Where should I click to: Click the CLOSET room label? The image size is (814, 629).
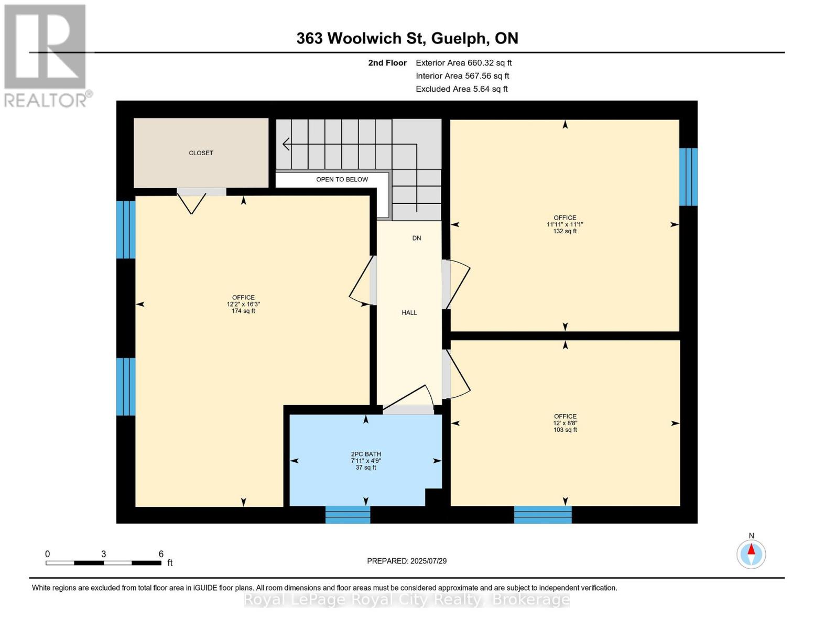tap(201, 153)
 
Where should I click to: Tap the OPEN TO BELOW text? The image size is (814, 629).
tap(342, 179)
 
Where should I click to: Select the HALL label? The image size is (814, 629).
tap(409, 312)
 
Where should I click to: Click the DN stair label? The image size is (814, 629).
tap(417, 238)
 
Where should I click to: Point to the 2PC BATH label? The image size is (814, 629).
tap(366, 454)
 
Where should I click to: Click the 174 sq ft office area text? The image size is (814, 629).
tap(243, 311)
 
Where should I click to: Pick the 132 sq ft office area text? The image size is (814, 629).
tap(565, 231)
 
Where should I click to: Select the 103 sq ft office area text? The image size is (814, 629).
tap(565, 430)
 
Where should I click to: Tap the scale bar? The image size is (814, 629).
tap(103, 563)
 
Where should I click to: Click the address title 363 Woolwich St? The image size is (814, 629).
tap(407, 38)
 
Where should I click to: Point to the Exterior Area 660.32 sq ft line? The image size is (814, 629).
tap(463, 62)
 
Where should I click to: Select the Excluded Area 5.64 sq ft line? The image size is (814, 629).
tap(461, 89)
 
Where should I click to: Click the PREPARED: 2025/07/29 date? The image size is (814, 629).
tap(407, 561)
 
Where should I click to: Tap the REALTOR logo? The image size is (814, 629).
tap(46, 55)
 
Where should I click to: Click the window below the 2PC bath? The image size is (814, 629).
tap(348, 515)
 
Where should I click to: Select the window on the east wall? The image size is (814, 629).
tap(688, 177)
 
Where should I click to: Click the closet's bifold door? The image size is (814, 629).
tap(192, 202)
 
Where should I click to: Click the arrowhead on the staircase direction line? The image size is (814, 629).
tap(286, 144)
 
